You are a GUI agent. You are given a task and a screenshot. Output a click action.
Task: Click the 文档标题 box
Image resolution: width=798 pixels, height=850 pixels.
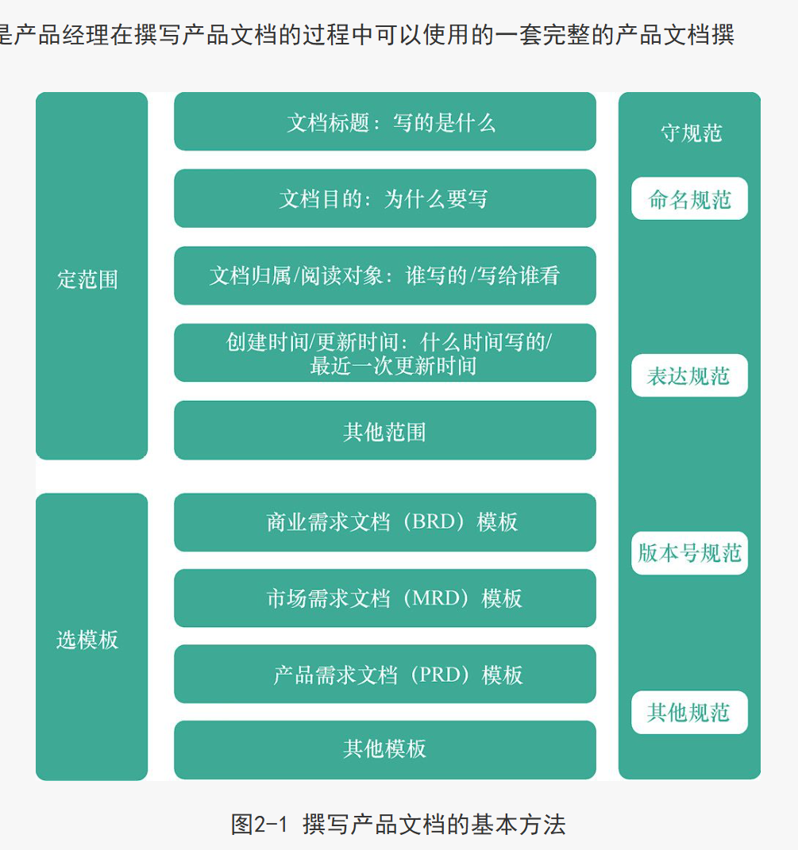click(x=384, y=121)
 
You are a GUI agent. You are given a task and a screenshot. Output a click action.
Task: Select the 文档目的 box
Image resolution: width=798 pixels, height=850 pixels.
click(x=384, y=198)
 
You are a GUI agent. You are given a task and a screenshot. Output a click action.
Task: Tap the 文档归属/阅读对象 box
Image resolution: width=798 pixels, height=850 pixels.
click(x=384, y=275)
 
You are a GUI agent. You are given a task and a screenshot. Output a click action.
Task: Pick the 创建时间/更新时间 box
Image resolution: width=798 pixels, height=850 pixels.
click(x=384, y=352)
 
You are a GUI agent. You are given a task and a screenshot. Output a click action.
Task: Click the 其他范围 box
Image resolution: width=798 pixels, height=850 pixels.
click(x=384, y=431)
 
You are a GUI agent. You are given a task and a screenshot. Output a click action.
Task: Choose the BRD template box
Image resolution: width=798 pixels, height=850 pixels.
click(x=384, y=522)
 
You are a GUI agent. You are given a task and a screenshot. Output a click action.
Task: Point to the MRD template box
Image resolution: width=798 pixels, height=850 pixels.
click(x=384, y=598)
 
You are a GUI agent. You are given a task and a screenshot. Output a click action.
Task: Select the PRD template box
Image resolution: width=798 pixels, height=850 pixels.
click(x=384, y=675)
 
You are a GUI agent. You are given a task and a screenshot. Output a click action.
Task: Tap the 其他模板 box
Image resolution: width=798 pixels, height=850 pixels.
click(x=384, y=749)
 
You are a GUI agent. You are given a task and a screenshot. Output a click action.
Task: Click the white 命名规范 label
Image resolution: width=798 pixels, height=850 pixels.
click(x=689, y=199)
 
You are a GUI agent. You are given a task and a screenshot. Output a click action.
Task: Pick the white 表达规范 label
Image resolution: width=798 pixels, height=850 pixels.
click(x=689, y=375)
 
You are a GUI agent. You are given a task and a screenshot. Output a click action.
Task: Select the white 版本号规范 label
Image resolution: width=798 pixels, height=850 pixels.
click(x=689, y=553)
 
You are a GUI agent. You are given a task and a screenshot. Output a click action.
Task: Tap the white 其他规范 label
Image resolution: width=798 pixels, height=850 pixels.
click(x=689, y=713)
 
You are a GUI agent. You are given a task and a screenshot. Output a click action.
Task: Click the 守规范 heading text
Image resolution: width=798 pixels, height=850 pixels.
click(x=691, y=133)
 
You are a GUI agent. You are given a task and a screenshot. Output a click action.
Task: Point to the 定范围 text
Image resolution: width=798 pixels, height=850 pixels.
click(x=87, y=279)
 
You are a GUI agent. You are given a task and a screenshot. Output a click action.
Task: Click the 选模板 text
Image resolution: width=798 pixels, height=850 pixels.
click(x=87, y=640)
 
